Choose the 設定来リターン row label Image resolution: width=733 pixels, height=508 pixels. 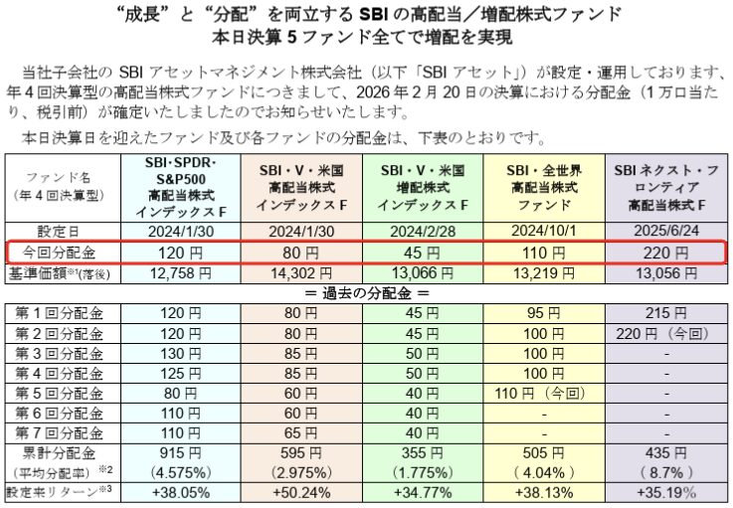tap(58, 492)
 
